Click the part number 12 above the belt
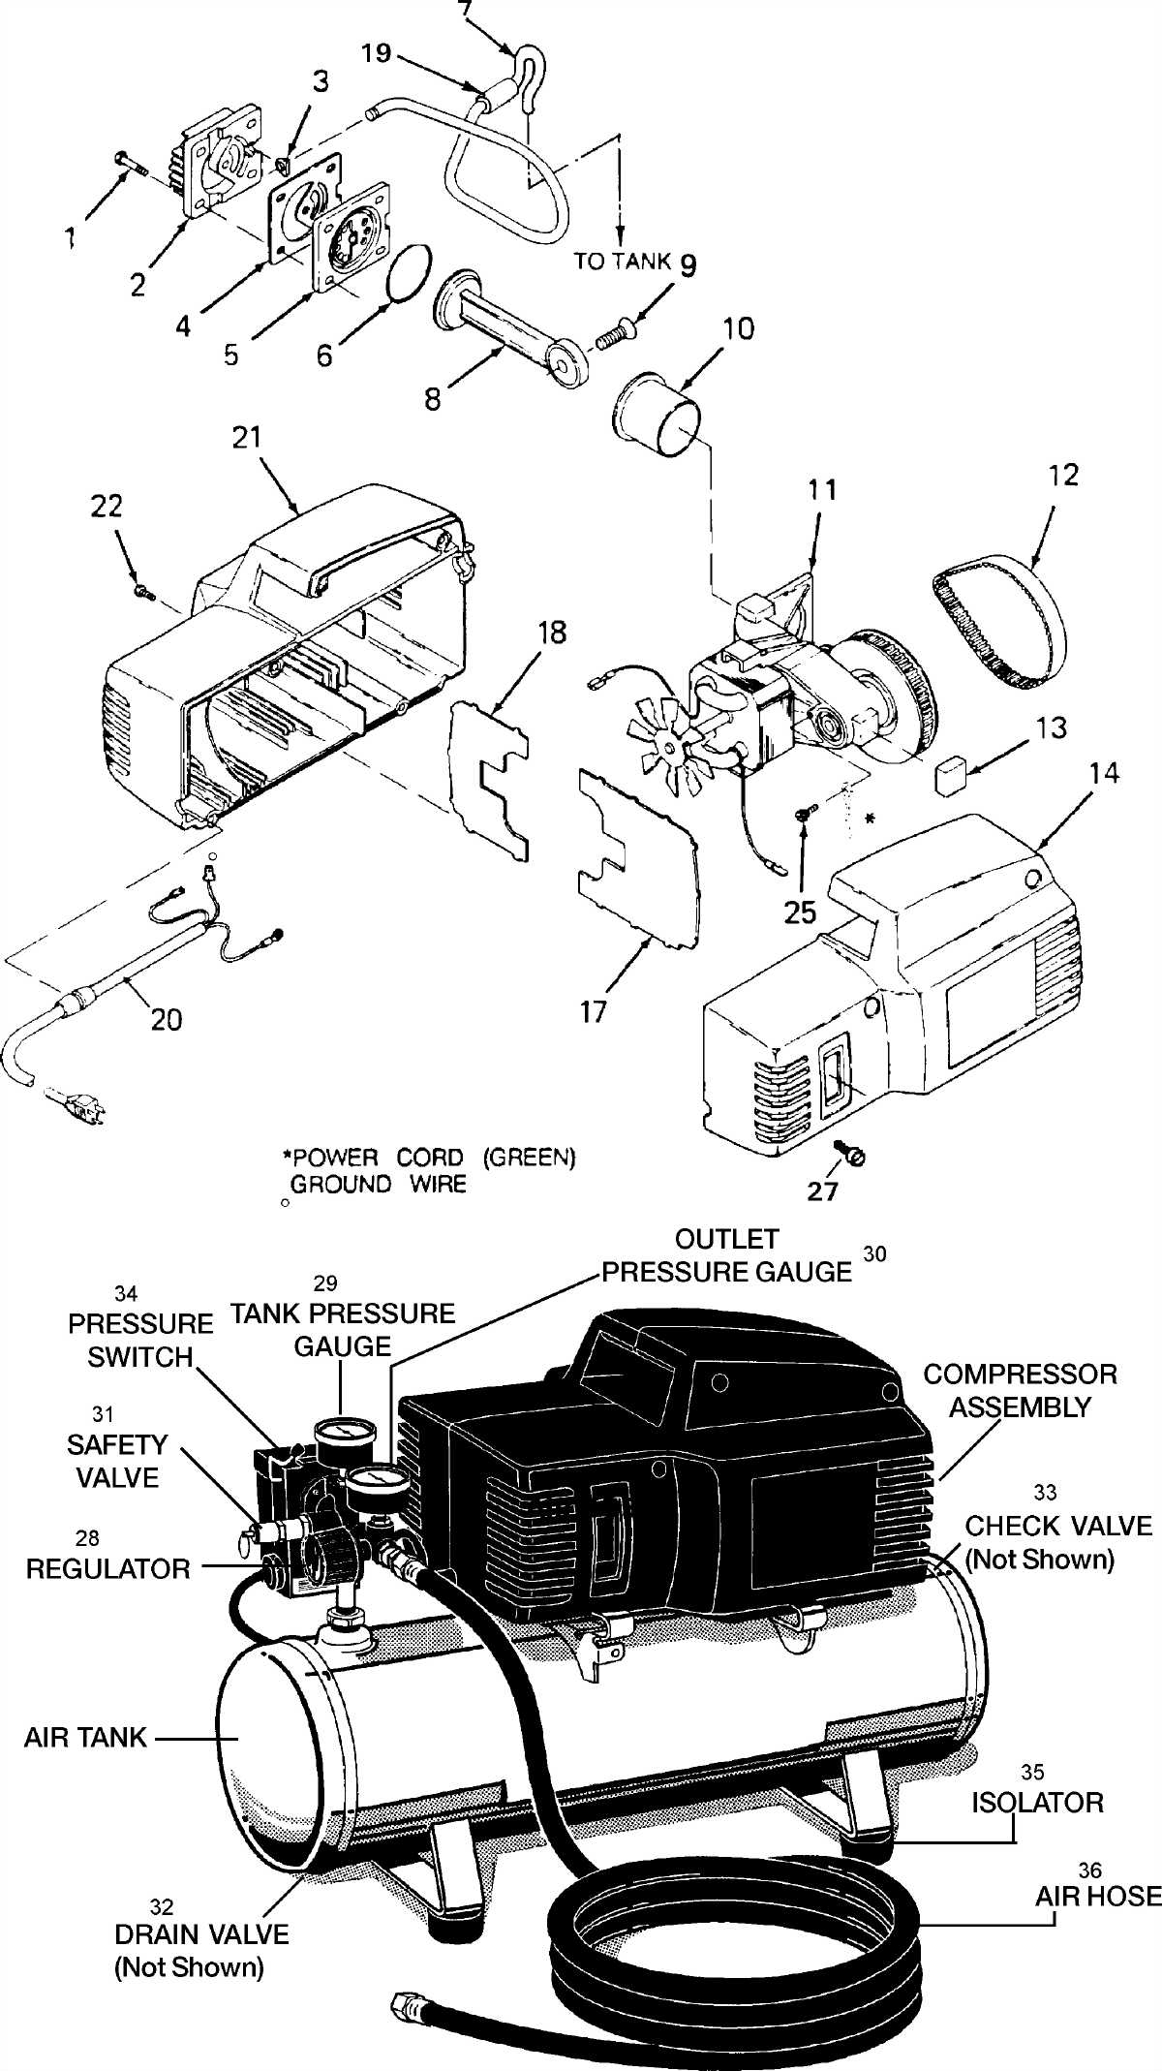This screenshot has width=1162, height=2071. (1062, 475)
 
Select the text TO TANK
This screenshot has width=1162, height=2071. (622, 261)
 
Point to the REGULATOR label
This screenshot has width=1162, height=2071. (107, 1568)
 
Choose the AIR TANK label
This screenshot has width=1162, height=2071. (85, 1737)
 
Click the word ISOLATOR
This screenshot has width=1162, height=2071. (1037, 1803)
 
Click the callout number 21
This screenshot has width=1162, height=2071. (247, 437)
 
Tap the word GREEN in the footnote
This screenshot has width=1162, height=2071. (530, 1158)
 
